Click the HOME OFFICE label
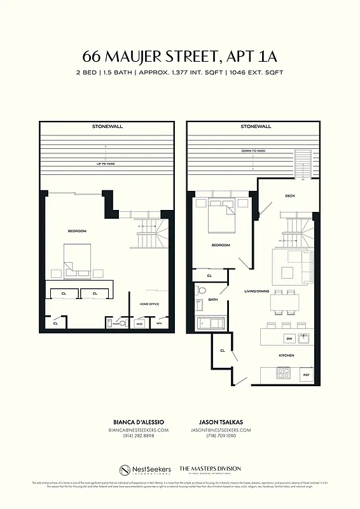149,304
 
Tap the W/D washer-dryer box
140,324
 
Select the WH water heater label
159,324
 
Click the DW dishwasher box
289,338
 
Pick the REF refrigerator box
306,375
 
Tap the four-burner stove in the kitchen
282,373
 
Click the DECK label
290,196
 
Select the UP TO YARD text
105,164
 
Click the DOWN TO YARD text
254,151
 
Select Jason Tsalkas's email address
221,430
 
